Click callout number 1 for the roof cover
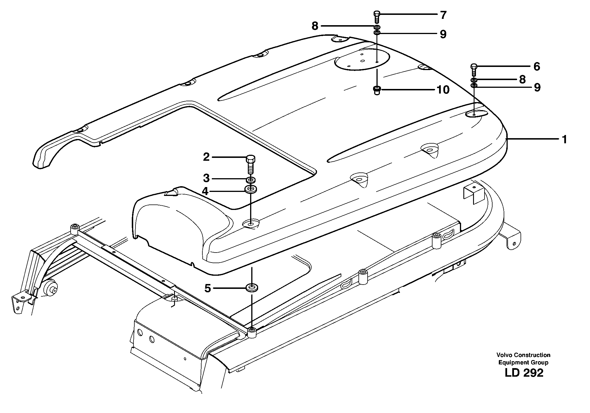pos(564,140)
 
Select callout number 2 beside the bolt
pos(206,157)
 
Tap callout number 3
pos(206,178)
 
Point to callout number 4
pos(205,191)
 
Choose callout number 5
pos(208,288)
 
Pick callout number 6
pos(537,67)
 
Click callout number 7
pos(443,15)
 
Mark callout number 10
pos(443,90)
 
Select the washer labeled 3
pos(251,180)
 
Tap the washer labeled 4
pos(251,189)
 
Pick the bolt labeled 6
pos(473,70)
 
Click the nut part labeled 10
pos(377,90)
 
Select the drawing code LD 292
pos(524,373)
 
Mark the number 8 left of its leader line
pos(315,26)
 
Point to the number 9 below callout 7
pos(443,34)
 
